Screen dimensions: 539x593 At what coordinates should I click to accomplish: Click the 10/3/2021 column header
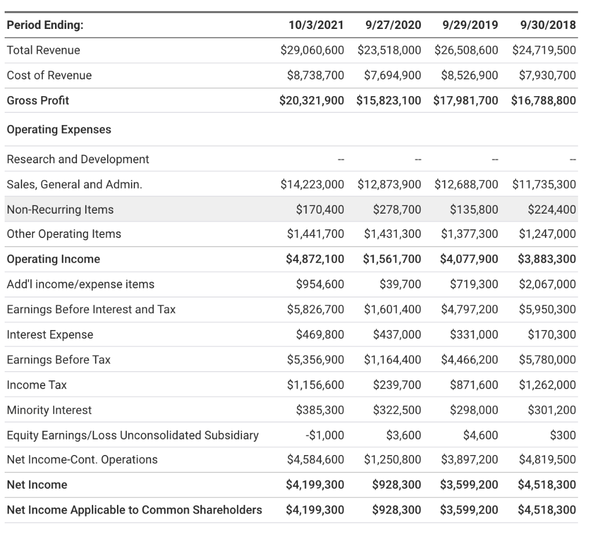(x=316, y=25)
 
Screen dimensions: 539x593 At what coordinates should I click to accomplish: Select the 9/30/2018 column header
(x=548, y=25)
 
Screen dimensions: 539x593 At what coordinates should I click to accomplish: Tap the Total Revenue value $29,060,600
(x=312, y=50)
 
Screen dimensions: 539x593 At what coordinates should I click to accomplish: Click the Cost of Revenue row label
(x=49, y=75)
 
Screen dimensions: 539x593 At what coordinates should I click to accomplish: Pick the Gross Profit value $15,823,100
(x=389, y=100)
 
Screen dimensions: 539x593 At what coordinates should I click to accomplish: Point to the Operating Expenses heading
(x=59, y=129)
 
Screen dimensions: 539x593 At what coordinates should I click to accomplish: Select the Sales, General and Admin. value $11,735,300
(x=544, y=185)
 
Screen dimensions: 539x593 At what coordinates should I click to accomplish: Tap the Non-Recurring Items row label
(x=60, y=210)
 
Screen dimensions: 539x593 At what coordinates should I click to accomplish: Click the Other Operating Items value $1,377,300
(x=469, y=234)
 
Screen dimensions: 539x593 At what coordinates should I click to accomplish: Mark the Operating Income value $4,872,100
(x=315, y=259)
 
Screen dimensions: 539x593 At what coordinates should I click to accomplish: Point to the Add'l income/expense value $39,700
(x=400, y=284)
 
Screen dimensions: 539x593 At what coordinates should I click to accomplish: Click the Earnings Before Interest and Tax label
(x=91, y=309)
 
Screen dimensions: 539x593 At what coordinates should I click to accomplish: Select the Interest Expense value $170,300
(x=552, y=334)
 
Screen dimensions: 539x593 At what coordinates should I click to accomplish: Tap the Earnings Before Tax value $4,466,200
(x=469, y=360)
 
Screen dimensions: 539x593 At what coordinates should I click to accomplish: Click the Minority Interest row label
(x=49, y=410)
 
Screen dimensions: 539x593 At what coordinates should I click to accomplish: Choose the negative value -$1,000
(x=325, y=435)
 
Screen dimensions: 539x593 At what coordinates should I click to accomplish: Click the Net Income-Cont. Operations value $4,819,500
(x=547, y=460)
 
